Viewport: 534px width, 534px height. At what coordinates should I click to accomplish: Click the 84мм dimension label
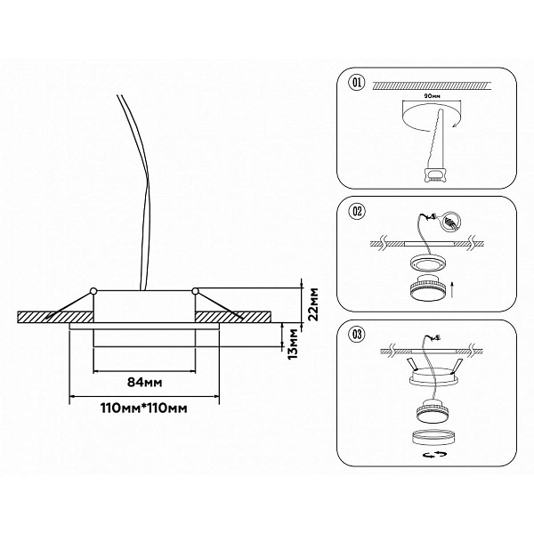(144, 383)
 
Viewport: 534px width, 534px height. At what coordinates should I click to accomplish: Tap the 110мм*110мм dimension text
(143, 408)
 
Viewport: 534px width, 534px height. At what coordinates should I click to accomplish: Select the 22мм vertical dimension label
(313, 304)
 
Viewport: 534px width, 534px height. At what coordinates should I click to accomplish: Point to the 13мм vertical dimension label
(293, 344)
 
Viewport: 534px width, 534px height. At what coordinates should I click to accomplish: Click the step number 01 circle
(357, 83)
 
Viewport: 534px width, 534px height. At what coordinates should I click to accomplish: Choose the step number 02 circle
(357, 211)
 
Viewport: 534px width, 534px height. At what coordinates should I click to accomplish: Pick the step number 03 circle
(357, 334)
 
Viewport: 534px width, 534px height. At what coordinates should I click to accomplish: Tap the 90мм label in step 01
(432, 96)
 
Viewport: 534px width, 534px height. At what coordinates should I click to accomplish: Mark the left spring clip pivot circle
(93, 291)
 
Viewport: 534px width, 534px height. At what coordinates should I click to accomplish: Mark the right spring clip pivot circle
(195, 291)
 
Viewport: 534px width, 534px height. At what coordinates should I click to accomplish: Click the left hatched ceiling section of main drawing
(55, 317)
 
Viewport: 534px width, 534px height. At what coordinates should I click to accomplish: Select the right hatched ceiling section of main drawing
(233, 317)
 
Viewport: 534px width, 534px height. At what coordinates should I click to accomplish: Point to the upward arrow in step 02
(452, 289)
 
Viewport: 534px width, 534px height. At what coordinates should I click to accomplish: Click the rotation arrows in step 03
(434, 454)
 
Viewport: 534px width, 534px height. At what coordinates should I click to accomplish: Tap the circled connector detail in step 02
(452, 222)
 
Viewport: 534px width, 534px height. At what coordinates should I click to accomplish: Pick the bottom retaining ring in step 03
(431, 437)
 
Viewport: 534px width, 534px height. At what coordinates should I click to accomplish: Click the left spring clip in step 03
(411, 365)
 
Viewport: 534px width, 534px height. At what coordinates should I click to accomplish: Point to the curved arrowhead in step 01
(455, 125)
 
